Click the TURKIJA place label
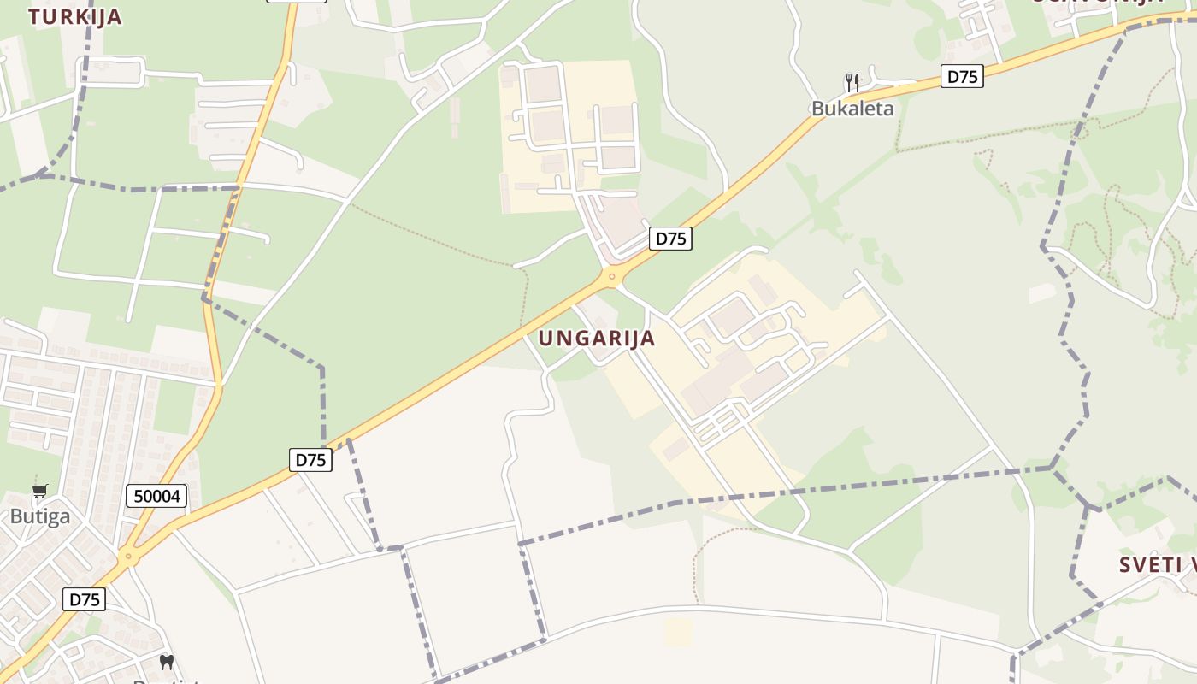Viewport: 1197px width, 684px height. tap(74, 16)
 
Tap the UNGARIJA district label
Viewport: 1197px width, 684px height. tap(597, 339)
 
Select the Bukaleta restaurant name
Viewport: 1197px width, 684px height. tap(852, 109)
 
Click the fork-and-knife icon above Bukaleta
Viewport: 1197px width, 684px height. tap(852, 82)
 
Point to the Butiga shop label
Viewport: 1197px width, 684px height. tap(40, 516)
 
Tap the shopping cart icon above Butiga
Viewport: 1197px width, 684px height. tap(39, 492)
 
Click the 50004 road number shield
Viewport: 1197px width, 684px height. tap(156, 496)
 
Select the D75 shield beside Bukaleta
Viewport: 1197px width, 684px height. tap(963, 76)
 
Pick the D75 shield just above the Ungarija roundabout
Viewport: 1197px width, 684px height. tap(670, 239)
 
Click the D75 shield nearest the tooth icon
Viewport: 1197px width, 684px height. tap(85, 599)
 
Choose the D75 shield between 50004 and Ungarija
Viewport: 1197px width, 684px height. tap(310, 460)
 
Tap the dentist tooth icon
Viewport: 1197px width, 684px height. tap(167, 662)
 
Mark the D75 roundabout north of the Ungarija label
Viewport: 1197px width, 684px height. tap(610, 276)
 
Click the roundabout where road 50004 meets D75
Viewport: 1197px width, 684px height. tap(128, 557)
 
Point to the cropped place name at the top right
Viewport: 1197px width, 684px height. tap(1099, 3)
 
